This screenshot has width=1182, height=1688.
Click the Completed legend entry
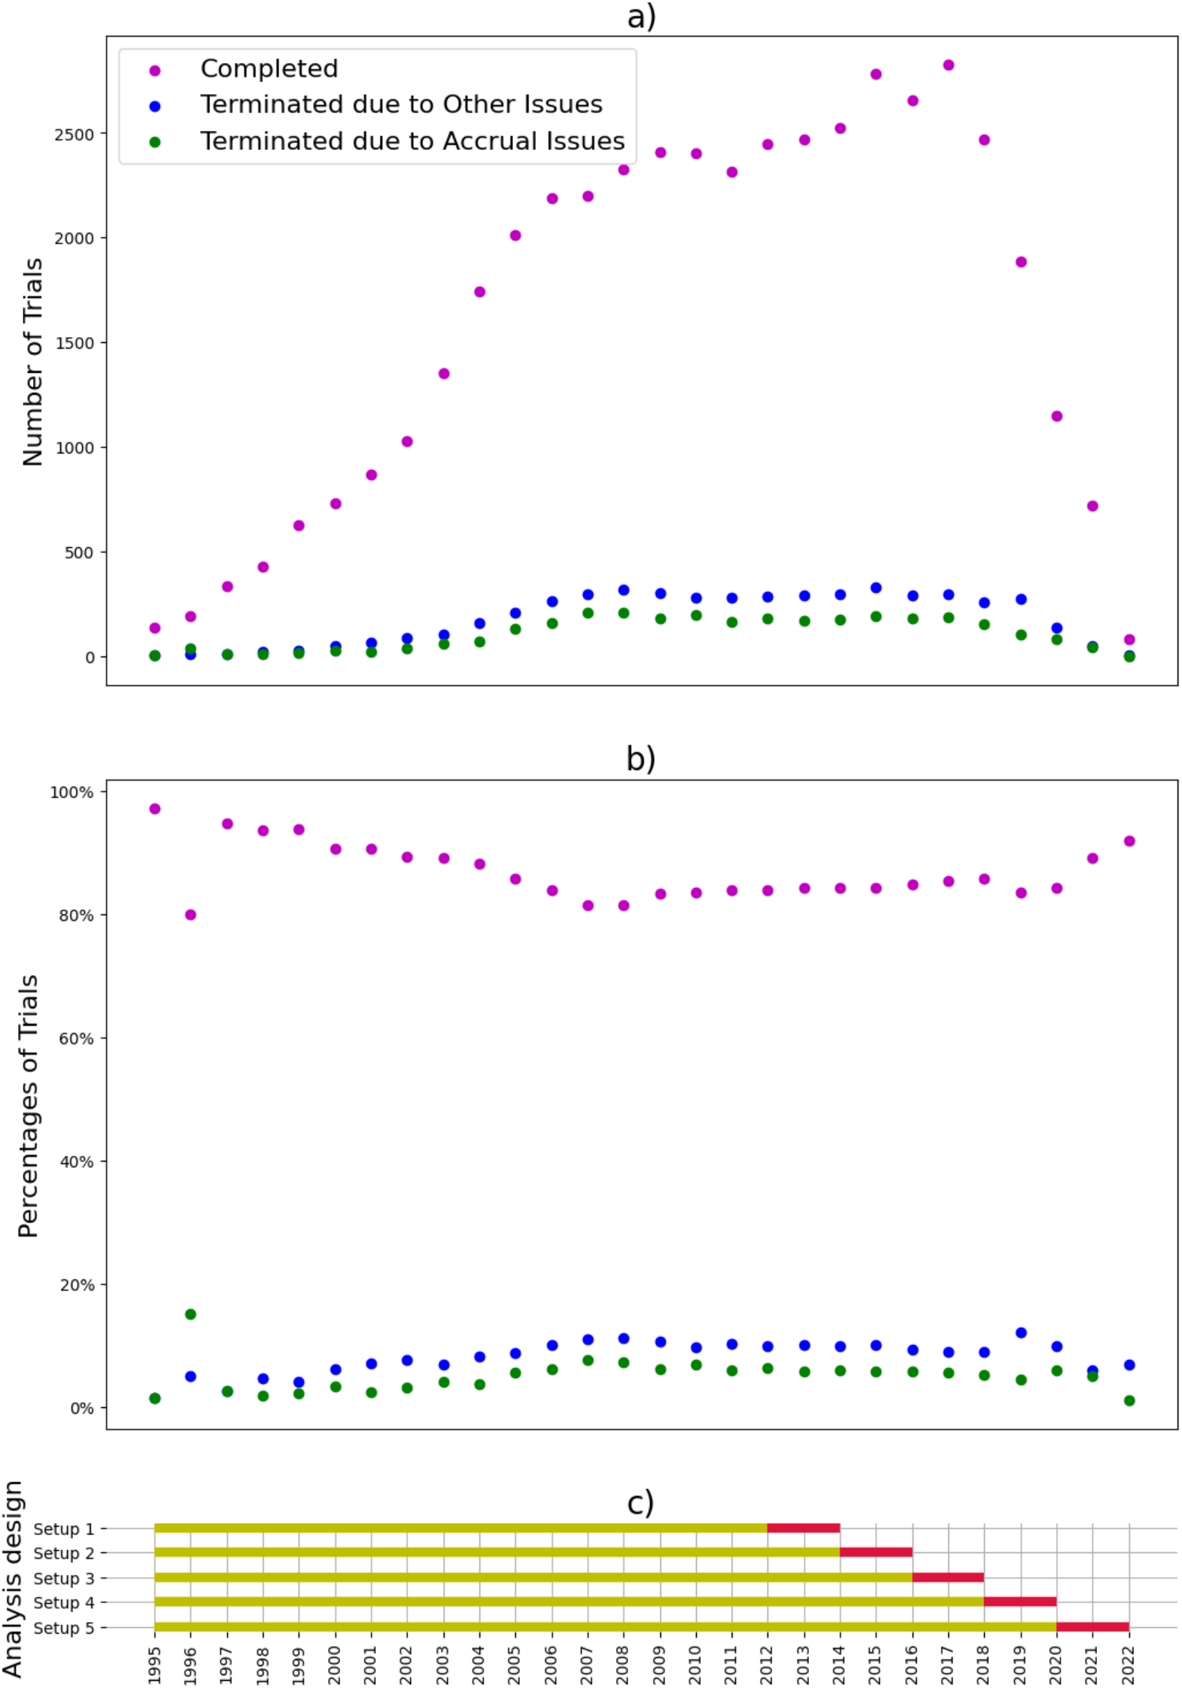269,69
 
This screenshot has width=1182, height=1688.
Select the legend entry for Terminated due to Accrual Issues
412,141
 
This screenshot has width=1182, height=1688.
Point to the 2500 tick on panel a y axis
74,135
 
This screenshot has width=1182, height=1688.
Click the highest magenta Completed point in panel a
948,66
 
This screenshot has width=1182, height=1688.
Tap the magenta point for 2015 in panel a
875,74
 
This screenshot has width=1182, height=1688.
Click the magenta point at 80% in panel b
191,914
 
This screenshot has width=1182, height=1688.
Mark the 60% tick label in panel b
76,1039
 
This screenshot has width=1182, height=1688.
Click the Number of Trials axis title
33,361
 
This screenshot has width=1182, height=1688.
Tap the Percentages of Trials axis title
29,1107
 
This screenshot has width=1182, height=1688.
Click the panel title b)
640,759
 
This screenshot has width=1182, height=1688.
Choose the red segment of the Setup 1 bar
803,1529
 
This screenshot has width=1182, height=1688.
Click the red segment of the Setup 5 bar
1092,1627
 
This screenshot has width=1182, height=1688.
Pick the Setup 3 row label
64,1579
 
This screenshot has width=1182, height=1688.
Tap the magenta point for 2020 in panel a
1056,416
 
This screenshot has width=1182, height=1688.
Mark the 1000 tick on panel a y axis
74,449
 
